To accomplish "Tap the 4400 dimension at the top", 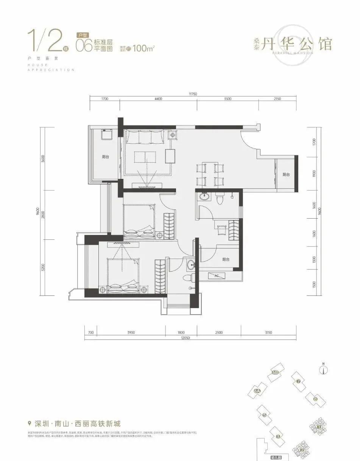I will [158, 99].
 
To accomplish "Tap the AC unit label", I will [217, 276].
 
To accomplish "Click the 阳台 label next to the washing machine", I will [106, 157].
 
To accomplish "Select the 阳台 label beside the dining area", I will [286, 174].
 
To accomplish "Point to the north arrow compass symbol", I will [324, 369].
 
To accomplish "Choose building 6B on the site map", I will [275, 373].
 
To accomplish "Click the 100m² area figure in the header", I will [145, 48].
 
